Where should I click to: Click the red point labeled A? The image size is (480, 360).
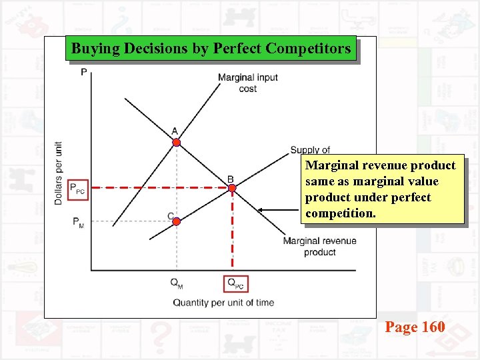(176, 142)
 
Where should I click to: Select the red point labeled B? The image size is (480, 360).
(232, 189)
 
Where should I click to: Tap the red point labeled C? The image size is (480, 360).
(177, 221)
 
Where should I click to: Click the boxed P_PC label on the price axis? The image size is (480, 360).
(77, 189)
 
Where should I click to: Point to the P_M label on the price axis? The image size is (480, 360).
(78, 222)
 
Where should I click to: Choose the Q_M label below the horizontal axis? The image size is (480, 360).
(177, 283)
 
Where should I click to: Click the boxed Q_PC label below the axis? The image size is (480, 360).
(236, 283)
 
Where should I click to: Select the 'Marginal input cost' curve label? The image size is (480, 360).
(247, 83)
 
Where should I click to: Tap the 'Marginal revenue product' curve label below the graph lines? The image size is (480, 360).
(319, 246)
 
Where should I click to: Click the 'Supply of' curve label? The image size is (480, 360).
(310, 150)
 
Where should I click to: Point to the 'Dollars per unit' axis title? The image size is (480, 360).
(59, 173)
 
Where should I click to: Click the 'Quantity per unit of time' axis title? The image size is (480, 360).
(223, 303)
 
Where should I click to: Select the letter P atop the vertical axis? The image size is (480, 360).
(84, 71)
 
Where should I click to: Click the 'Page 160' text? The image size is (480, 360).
(415, 327)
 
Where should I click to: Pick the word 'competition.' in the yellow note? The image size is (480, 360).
(340, 214)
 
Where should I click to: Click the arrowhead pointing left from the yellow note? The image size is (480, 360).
(261, 211)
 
